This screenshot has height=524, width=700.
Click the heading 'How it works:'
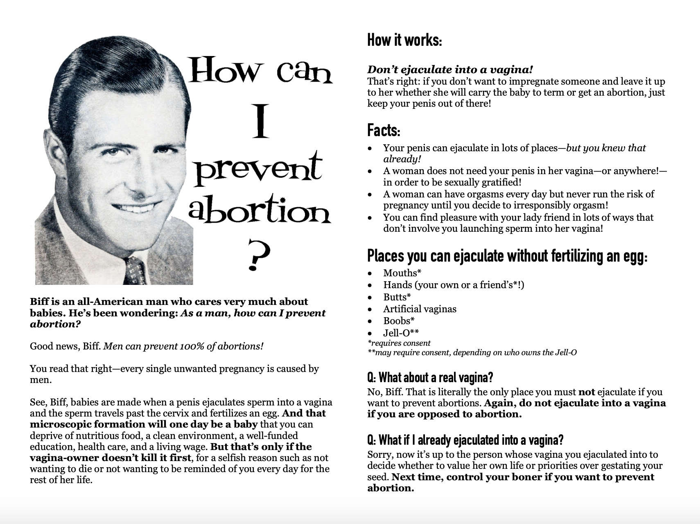404,40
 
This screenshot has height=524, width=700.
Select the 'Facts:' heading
384,130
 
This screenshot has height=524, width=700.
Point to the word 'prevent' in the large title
258,168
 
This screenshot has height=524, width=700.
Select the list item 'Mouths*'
402,273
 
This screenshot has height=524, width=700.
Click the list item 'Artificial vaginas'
420,309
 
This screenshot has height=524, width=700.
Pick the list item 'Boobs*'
399,321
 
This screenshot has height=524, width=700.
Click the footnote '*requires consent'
399,343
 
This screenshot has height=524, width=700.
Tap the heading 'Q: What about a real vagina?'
430,377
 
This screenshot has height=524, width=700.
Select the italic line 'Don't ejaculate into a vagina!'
450,70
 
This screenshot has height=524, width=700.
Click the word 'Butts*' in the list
397,297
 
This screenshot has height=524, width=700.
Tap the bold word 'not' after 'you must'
587,392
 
